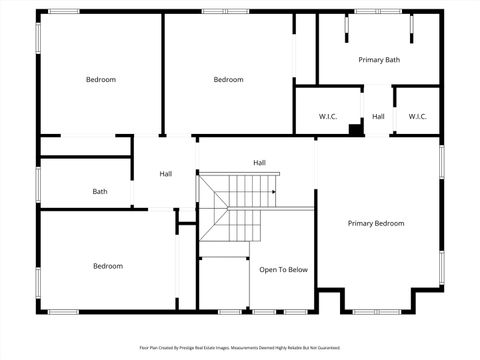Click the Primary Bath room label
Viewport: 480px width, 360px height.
tap(379, 60)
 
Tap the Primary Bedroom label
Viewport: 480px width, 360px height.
tap(376, 223)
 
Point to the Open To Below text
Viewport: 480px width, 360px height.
tap(283, 270)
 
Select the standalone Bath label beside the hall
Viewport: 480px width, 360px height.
tap(100, 191)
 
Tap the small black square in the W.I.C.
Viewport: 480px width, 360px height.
tap(355, 128)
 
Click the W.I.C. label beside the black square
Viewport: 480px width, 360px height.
tap(328, 117)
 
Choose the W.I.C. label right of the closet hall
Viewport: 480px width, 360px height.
tap(418, 117)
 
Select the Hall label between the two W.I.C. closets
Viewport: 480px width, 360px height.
tap(378, 117)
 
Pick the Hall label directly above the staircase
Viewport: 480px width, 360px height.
tap(259, 162)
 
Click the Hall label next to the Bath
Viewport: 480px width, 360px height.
tap(166, 174)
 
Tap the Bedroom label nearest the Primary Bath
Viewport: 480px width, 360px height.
tap(229, 80)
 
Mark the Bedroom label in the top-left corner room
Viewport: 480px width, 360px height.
tap(100, 80)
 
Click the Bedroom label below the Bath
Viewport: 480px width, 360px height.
tap(108, 266)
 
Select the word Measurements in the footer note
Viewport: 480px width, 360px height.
tap(258, 349)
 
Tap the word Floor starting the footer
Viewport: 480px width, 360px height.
tap(143, 349)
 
